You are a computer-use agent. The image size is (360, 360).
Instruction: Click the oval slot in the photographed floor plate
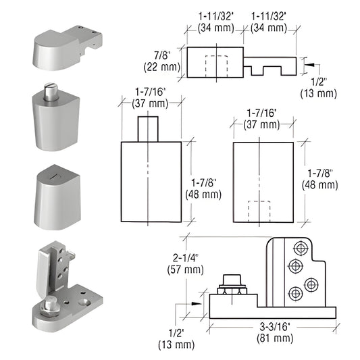click(x=86, y=304)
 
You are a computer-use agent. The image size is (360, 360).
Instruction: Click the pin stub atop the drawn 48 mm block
click(x=148, y=129)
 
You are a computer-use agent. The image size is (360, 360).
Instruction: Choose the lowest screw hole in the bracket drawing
click(x=295, y=294)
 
